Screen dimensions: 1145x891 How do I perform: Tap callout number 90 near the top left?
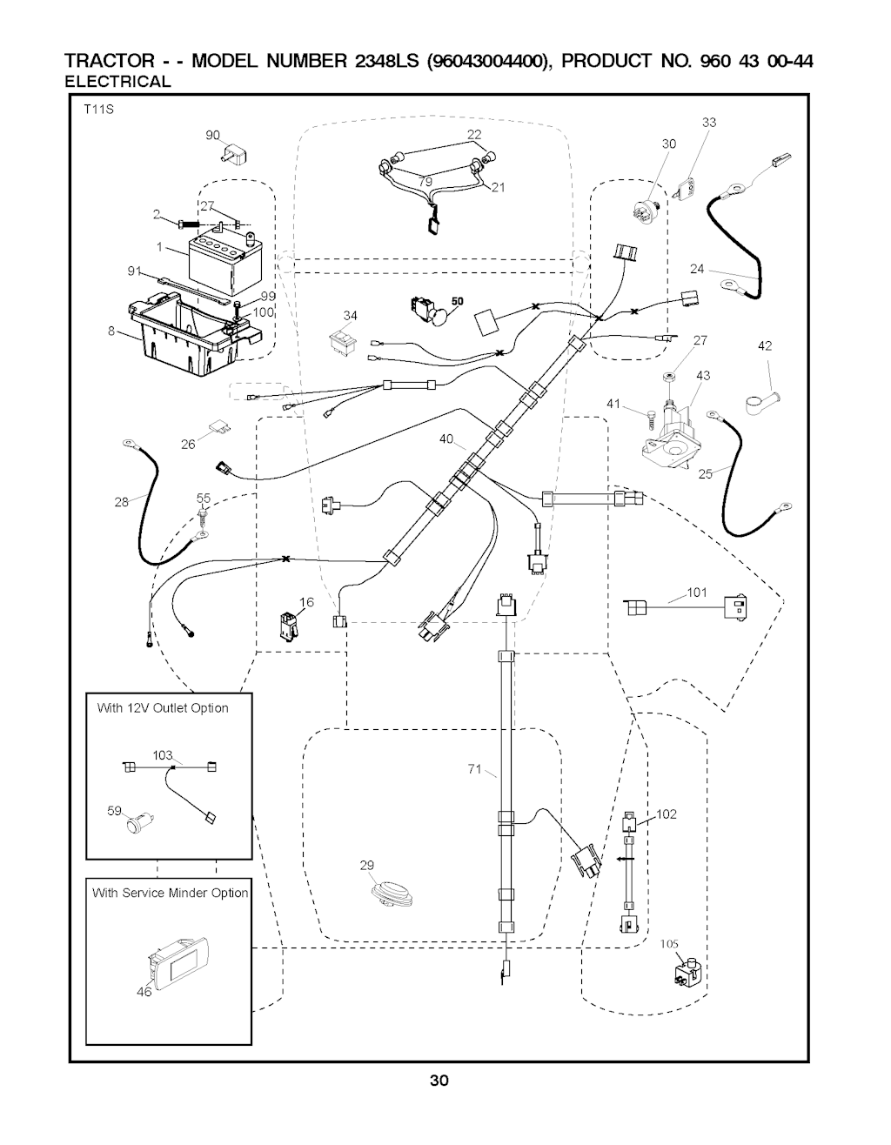pos(212,135)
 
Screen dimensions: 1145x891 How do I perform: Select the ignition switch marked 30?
pos(649,208)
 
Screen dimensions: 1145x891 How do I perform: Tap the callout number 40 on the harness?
pos(446,439)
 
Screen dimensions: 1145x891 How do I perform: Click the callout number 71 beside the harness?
pos(474,767)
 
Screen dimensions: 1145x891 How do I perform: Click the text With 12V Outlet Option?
pos(163,707)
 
